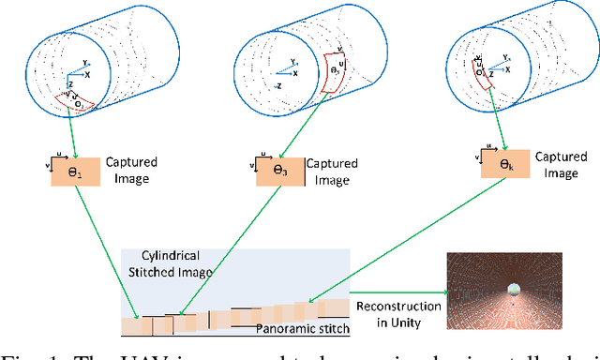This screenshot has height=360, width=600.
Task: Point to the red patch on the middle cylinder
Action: (x=335, y=70)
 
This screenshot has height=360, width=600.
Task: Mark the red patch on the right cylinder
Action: (x=485, y=78)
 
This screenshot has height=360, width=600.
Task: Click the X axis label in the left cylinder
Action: (x=88, y=72)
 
